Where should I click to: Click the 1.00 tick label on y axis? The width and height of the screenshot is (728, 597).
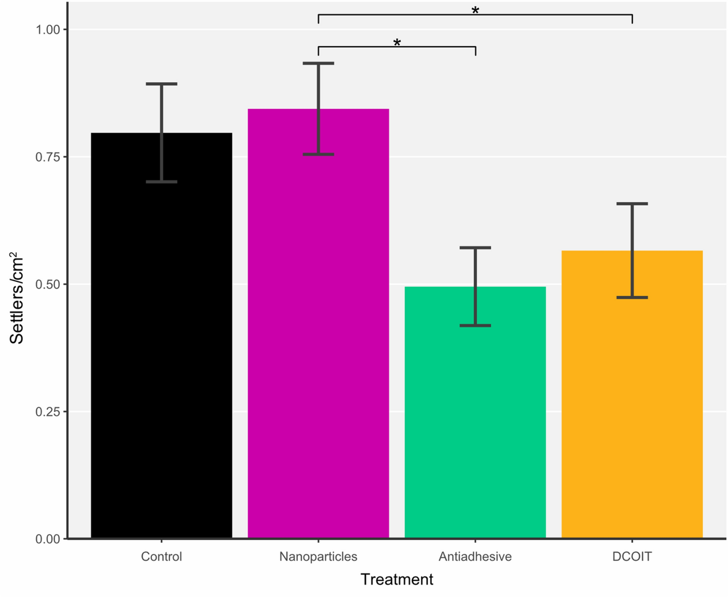(48, 30)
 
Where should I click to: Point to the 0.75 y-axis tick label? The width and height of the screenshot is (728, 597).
(48, 157)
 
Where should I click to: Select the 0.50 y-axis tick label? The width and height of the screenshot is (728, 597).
(48, 284)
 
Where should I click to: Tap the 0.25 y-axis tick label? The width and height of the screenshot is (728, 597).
(48, 412)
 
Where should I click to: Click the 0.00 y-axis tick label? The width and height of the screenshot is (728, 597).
(48, 539)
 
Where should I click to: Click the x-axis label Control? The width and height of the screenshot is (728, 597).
(161, 557)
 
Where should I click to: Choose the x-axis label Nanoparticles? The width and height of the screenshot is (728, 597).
(318, 557)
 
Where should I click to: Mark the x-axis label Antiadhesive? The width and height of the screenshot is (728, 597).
(475, 557)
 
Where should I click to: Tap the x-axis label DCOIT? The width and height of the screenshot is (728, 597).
(632, 557)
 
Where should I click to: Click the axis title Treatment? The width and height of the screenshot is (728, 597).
(396, 579)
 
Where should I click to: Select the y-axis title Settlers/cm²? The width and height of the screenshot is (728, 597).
(17, 298)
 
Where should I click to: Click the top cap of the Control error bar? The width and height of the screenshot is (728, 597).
(161, 84)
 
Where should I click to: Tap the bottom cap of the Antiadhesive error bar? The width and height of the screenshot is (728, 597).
(475, 325)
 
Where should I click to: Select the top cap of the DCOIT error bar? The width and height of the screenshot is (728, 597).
(632, 204)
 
